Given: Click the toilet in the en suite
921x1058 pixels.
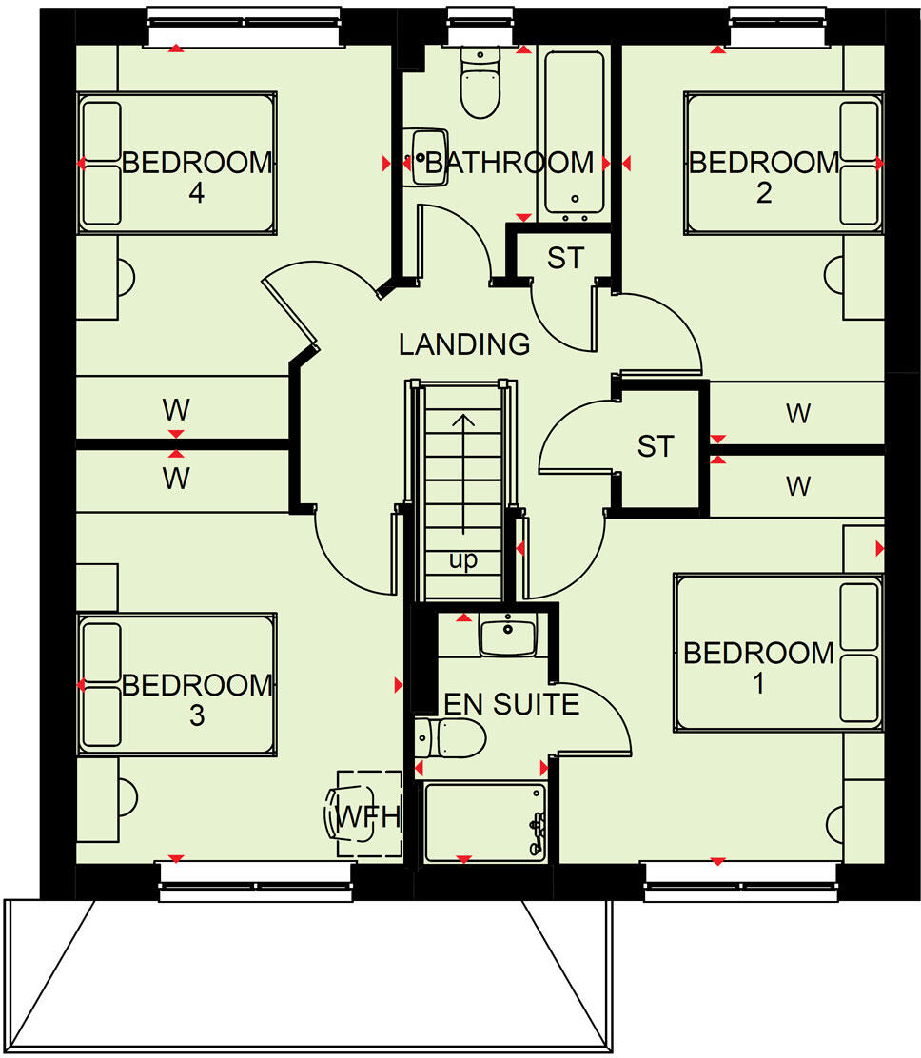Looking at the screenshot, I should point(454,736).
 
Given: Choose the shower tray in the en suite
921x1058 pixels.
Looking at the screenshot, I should point(485,821).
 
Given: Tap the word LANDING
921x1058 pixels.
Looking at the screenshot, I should point(463,343).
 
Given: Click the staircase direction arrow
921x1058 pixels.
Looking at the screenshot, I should point(463,476).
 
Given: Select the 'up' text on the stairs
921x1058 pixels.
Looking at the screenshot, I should point(463,560).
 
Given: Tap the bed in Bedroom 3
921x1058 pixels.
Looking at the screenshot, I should point(177,684).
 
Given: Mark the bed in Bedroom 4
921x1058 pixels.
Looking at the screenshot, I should point(177,162).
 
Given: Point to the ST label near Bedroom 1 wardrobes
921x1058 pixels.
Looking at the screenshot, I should point(656,445).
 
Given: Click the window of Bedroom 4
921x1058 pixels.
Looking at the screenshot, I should point(244,27).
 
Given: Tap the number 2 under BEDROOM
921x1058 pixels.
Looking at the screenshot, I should point(763,193).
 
